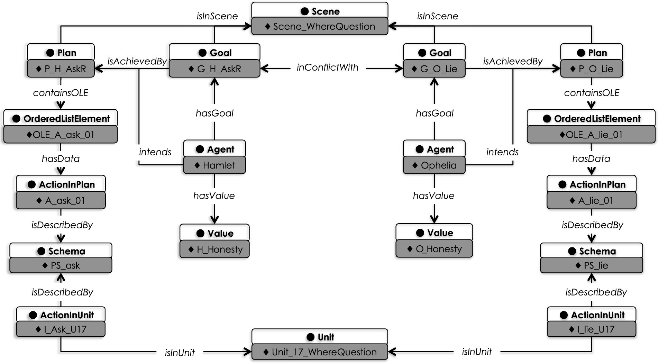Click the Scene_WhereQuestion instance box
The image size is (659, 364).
click(x=320, y=27)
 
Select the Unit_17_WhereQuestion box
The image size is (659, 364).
click(x=320, y=352)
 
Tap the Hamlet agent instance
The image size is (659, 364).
click(x=214, y=165)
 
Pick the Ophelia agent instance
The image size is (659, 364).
click(x=434, y=165)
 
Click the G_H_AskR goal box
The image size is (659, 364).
click(x=214, y=69)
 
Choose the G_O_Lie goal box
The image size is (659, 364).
click(x=434, y=69)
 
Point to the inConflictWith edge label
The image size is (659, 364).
click(x=328, y=67)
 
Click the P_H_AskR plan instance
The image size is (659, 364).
click(x=61, y=69)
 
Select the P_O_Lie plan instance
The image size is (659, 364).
click(x=592, y=69)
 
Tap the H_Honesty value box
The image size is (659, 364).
click(x=214, y=249)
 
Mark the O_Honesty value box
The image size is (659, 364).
click(x=434, y=249)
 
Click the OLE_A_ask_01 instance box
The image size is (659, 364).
click(x=61, y=135)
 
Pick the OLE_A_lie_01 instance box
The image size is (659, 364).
click(x=591, y=135)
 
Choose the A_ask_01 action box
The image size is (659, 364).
click(x=61, y=201)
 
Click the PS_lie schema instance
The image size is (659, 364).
click(x=592, y=266)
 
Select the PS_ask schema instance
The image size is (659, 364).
click(x=61, y=266)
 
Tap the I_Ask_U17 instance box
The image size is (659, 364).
click(x=61, y=329)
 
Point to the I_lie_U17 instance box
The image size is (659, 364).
click(x=592, y=329)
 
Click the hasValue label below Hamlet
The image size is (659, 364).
click(x=214, y=196)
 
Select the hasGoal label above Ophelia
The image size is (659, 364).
click(x=434, y=113)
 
